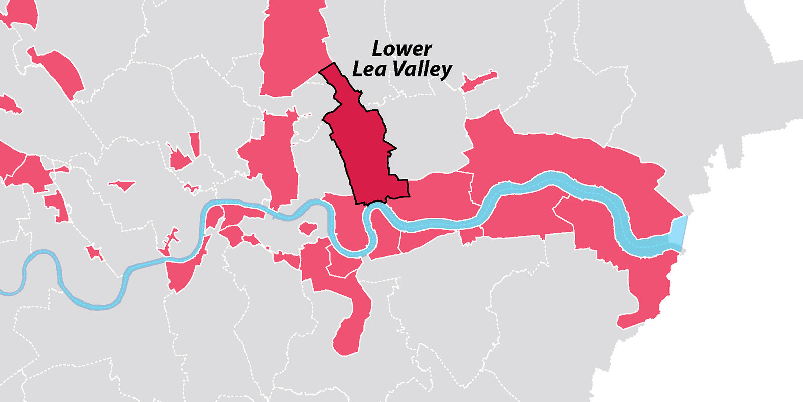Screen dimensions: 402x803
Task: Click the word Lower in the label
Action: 401,49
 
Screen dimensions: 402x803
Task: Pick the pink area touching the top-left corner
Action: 20,12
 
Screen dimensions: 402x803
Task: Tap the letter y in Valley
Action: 445,72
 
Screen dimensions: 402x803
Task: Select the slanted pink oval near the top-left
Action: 58,73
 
